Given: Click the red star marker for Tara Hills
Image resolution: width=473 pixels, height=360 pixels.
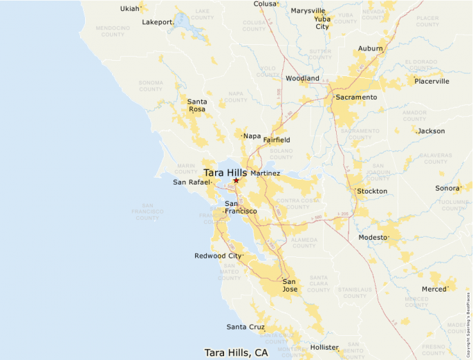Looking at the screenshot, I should pos(236,180).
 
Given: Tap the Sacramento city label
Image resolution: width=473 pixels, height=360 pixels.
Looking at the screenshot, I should pos(356,97).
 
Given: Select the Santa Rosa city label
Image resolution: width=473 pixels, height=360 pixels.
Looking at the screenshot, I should pos(197,105).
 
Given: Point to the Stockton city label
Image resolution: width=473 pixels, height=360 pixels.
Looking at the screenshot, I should pos(372,191).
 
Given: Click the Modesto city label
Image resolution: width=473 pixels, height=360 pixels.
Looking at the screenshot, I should pos(373,237).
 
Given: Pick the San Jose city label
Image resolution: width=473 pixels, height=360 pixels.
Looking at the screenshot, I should pos(290,285).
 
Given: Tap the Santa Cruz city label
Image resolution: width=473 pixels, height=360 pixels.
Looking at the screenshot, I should pos(245,326).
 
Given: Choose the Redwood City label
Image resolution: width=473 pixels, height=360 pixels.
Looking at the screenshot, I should pos(218,256).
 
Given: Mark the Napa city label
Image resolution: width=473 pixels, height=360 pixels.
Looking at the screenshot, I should pos(251,136).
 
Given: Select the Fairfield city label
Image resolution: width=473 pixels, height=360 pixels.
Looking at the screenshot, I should pos(277,140).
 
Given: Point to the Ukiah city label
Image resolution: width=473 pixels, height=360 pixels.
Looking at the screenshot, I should pos(129,9).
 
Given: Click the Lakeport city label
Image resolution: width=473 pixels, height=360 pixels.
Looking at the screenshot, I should pos(157,22).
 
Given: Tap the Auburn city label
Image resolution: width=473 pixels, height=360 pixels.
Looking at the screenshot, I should pos(371,49).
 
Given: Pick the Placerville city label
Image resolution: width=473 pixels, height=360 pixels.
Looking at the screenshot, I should pos(432,81).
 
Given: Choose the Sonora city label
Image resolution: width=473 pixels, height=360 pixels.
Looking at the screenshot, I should pos(447,188).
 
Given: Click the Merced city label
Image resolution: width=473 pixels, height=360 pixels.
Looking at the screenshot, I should pos(434,289).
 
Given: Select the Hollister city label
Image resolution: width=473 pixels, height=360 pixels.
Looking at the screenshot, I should pos(324,347).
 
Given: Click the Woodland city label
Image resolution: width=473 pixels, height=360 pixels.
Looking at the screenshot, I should pos(302,79).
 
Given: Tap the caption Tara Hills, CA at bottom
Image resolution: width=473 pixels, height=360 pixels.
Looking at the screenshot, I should pos(236,352).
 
